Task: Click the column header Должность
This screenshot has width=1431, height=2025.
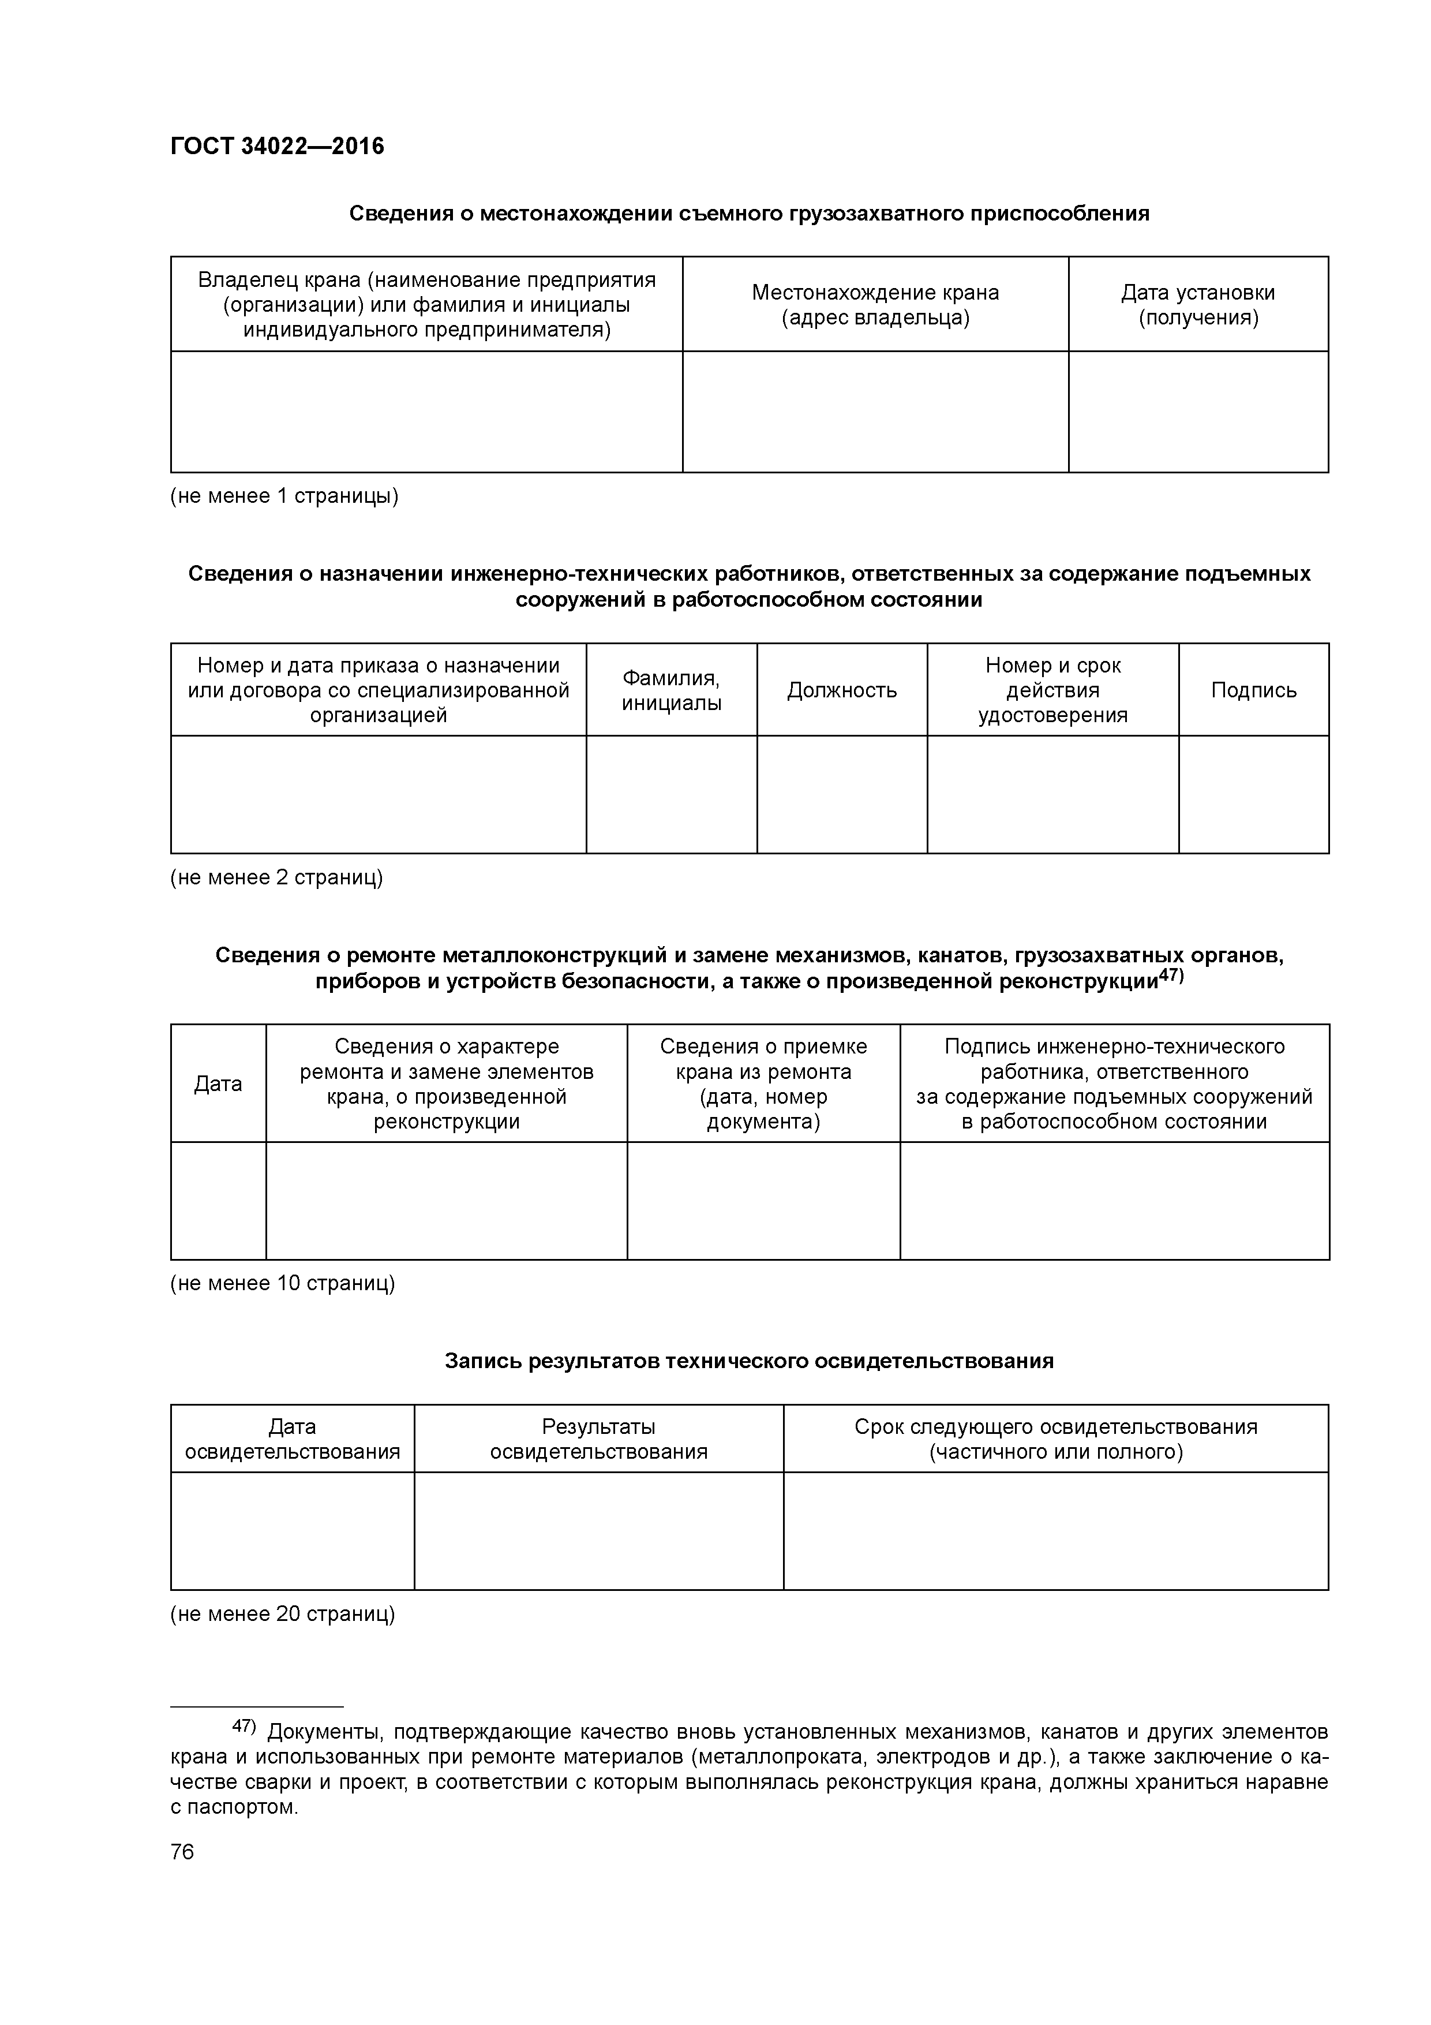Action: [x=841, y=690]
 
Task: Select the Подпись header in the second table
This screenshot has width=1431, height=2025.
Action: [x=1253, y=690]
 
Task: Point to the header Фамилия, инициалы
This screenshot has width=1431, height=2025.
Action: [x=671, y=690]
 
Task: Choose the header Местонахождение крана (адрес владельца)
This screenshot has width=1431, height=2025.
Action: [x=875, y=304]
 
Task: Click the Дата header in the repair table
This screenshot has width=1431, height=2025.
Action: [x=218, y=1083]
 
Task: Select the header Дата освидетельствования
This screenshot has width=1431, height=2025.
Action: [x=292, y=1439]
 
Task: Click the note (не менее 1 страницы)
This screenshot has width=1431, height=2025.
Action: [x=284, y=496]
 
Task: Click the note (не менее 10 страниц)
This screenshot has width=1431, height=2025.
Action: [x=282, y=1283]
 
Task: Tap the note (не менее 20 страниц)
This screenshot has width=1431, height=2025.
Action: [x=282, y=1614]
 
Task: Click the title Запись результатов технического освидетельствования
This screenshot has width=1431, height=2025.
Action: [x=748, y=1361]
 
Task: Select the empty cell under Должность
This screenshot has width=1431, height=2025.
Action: [x=841, y=794]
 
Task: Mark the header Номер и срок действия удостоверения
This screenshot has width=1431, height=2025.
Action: [x=1052, y=690]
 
